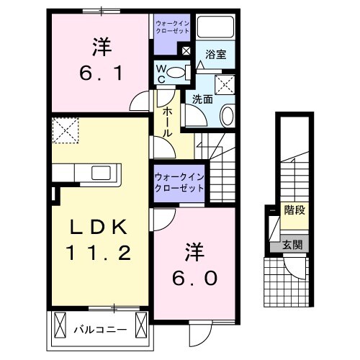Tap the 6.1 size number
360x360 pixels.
click(100, 73)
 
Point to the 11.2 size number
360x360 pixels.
click(100, 253)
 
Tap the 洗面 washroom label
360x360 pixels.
click(202, 100)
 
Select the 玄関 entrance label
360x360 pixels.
click(292, 246)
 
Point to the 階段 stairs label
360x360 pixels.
click(293, 212)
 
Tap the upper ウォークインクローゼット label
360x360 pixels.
click(172, 28)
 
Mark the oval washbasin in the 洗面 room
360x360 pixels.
click(227, 114)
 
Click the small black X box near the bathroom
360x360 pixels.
click(186, 51)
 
